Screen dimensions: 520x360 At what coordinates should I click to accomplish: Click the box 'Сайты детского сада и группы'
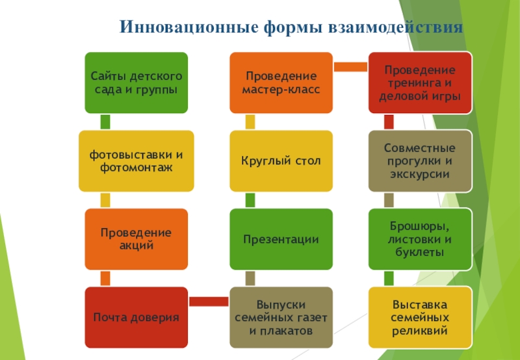click(136, 83)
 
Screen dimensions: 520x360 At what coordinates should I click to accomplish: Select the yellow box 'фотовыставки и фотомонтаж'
click(136, 161)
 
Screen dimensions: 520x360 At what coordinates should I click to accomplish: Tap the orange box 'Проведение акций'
click(136, 239)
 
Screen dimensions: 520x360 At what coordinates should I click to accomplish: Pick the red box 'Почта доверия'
click(136, 317)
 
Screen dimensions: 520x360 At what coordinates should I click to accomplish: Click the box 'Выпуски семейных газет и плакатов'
click(281, 317)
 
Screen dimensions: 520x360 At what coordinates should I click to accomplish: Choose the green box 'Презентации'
click(281, 239)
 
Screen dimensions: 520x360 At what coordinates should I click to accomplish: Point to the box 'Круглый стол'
click(281, 161)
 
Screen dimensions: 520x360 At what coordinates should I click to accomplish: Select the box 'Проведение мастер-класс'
click(281, 83)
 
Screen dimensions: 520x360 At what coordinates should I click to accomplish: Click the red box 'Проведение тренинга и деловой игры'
click(420, 83)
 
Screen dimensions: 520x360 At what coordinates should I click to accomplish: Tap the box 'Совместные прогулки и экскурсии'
click(420, 161)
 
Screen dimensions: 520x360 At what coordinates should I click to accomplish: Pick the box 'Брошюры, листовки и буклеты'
click(420, 239)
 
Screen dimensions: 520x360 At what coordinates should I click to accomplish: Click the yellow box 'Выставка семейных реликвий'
click(420, 317)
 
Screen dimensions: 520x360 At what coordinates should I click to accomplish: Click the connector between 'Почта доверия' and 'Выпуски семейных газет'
click(209, 301)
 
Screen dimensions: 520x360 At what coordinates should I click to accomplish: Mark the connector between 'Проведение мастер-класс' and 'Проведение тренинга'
click(350, 66)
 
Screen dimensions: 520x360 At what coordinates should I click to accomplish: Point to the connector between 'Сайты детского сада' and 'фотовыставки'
click(105, 122)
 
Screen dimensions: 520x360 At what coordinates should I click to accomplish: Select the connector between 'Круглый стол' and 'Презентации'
click(250, 200)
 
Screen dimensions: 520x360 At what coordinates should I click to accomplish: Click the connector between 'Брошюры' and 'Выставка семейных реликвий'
click(389, 278)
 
